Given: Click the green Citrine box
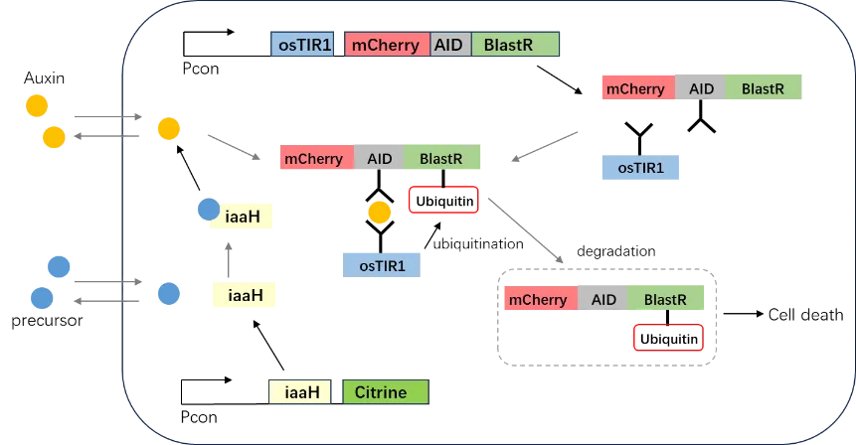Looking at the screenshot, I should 385,391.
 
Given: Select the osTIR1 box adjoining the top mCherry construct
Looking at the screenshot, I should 303,45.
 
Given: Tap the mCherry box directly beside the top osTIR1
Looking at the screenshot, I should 386,45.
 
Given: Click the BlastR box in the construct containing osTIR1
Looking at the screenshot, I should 515,45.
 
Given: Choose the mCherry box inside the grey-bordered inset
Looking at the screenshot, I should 538,299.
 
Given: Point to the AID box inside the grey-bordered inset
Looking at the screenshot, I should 603,299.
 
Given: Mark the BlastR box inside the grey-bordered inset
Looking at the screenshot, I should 665,299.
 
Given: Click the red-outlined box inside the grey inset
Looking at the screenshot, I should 666,339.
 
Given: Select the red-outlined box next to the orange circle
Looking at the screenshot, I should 442,199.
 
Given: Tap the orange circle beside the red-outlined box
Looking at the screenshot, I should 379,212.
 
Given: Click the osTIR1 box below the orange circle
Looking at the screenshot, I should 382,262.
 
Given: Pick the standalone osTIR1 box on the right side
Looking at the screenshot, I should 640,166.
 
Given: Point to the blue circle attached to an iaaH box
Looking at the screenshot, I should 207,210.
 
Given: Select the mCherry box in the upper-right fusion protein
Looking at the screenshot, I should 635,88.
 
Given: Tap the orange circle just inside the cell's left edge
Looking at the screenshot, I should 168,128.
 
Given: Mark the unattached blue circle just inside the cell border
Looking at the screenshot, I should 168,293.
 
